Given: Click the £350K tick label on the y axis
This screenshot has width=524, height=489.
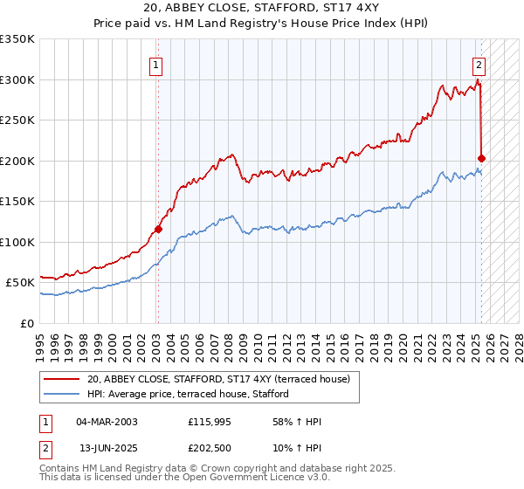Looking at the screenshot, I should coord(17,39).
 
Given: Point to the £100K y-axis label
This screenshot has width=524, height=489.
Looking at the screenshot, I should coord(17,242).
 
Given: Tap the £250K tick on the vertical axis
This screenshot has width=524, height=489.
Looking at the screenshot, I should coord(17,121).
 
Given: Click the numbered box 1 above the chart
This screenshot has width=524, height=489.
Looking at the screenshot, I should coord(155,64).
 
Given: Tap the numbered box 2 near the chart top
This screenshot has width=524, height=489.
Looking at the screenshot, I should coord(479,64).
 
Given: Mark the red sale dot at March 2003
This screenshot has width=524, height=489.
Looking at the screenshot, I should coord(158,230).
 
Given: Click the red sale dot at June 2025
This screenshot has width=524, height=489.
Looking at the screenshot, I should coord(482,159).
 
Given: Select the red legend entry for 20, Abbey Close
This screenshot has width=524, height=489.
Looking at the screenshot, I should coord(218,379).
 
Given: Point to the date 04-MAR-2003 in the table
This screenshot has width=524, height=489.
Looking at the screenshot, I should coord(107,422).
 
